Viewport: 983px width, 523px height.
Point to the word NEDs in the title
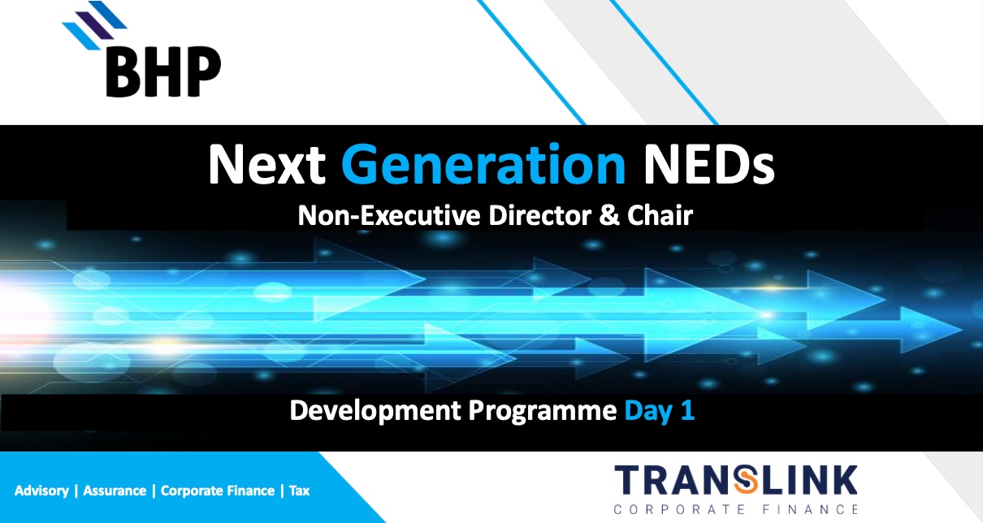[x=707, y=164]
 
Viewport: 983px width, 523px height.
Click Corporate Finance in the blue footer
[x=216, y=491]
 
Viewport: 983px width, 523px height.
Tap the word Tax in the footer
[x=299, y=491]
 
